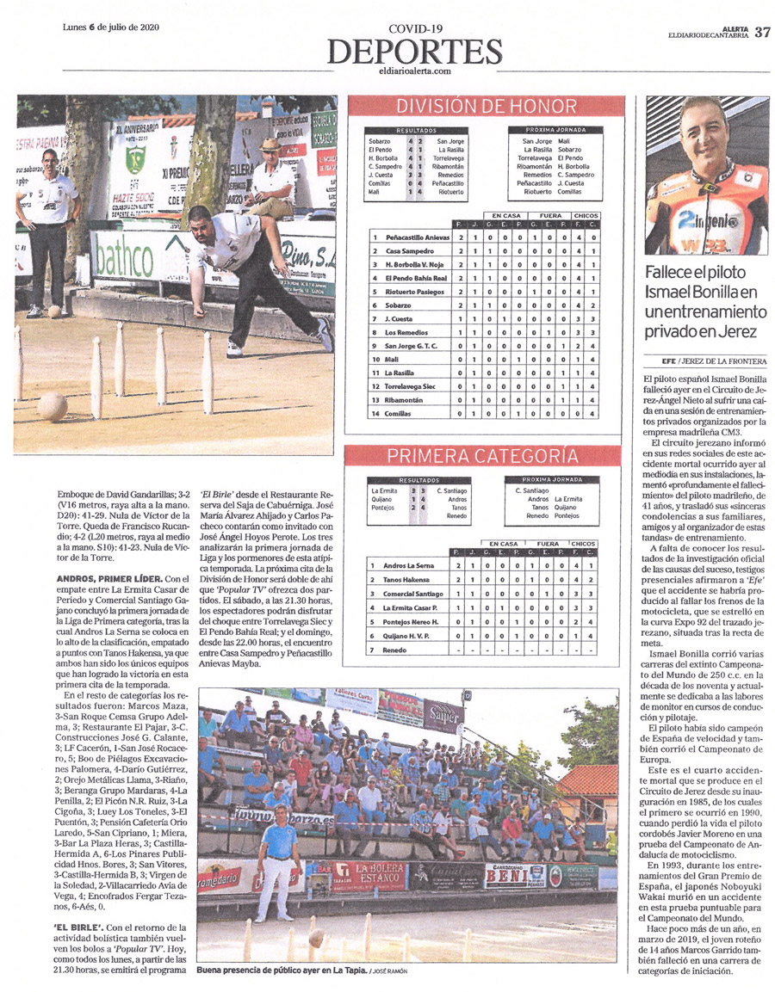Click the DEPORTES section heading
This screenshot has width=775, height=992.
413,50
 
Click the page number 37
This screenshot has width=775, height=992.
762,33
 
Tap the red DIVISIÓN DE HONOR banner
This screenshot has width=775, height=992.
485,107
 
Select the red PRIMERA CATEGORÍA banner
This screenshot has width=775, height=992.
481,456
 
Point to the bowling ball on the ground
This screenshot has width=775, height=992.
53,405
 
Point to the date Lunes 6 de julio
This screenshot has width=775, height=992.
113,27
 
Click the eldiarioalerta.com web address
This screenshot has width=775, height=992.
414,71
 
